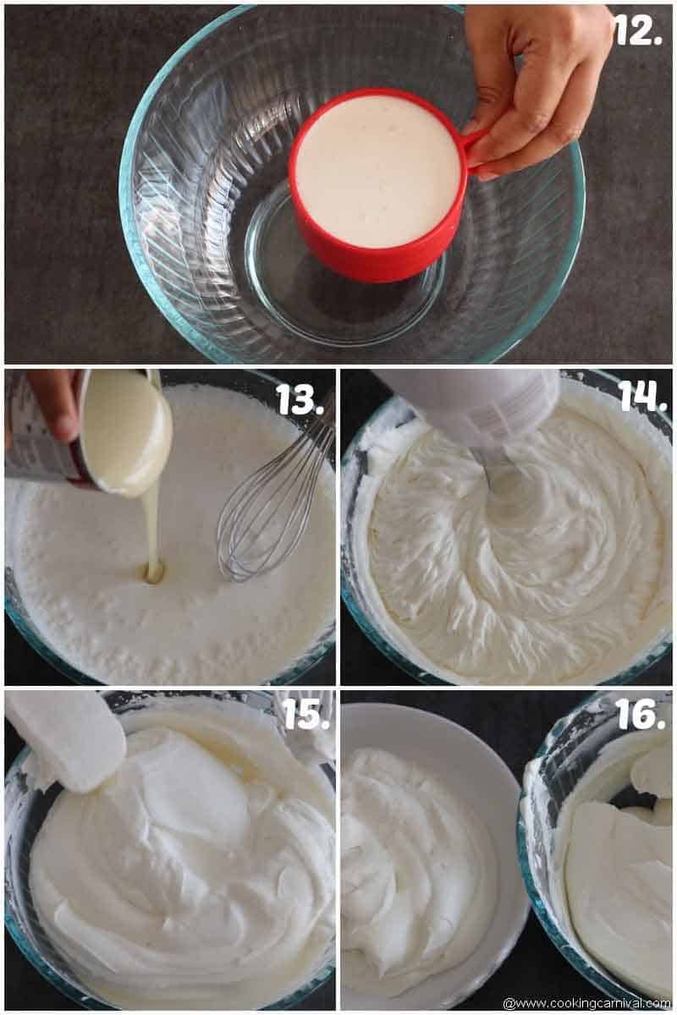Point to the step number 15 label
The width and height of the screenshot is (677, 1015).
point(305,715)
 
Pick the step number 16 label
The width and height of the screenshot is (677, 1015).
point(640,715)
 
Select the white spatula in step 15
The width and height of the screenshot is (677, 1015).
point(68,740)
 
